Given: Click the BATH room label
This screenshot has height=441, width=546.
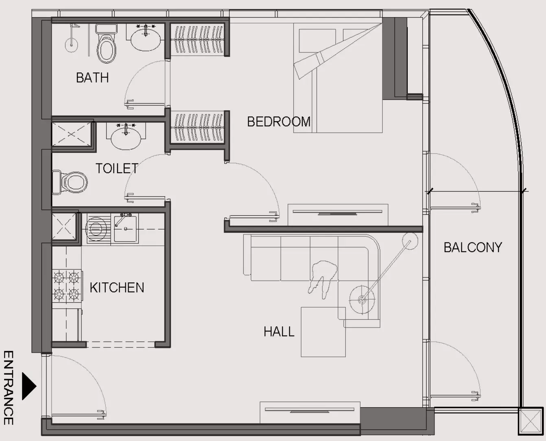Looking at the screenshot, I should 92,77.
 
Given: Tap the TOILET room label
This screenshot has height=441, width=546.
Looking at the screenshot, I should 117,168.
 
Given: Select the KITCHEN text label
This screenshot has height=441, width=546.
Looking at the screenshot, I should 117,288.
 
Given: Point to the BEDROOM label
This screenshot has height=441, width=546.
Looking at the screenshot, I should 279,122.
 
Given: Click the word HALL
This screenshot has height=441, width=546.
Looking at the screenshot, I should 279,332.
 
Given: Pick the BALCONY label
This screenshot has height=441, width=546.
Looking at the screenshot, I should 472,247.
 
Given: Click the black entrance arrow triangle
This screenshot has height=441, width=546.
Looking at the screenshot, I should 28,386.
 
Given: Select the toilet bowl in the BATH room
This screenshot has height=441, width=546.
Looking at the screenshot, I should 106,48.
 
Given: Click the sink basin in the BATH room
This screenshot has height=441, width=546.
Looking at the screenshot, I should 145,40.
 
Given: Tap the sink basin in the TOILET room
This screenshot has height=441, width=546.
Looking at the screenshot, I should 126,138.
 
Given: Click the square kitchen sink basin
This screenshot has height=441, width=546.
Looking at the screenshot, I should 126,228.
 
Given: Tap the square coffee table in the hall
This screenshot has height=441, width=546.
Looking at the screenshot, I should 323,332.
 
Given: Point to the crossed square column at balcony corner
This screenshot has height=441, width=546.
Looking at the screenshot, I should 530,421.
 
